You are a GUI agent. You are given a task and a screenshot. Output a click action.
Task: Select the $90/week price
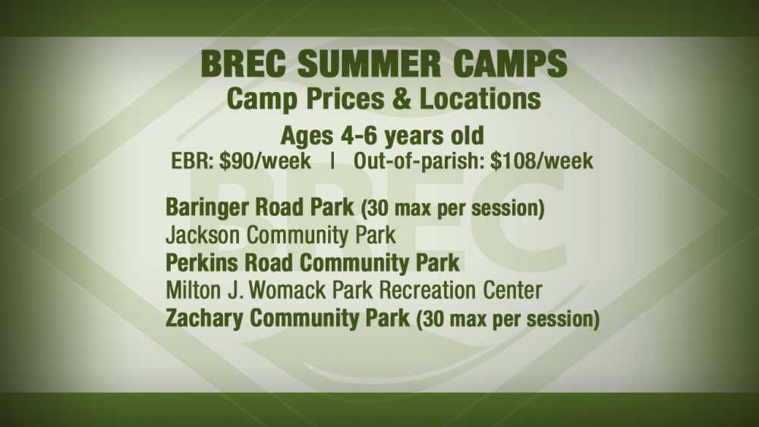[265, 161]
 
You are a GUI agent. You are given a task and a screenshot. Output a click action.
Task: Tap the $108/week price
[542, 161]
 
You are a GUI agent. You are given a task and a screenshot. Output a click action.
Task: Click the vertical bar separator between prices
[332, 161]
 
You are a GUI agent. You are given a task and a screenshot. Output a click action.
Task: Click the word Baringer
[208, 208]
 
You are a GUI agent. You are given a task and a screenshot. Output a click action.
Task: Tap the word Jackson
[203, 236]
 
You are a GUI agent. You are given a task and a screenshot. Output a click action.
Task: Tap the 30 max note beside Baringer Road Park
[453, 209]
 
